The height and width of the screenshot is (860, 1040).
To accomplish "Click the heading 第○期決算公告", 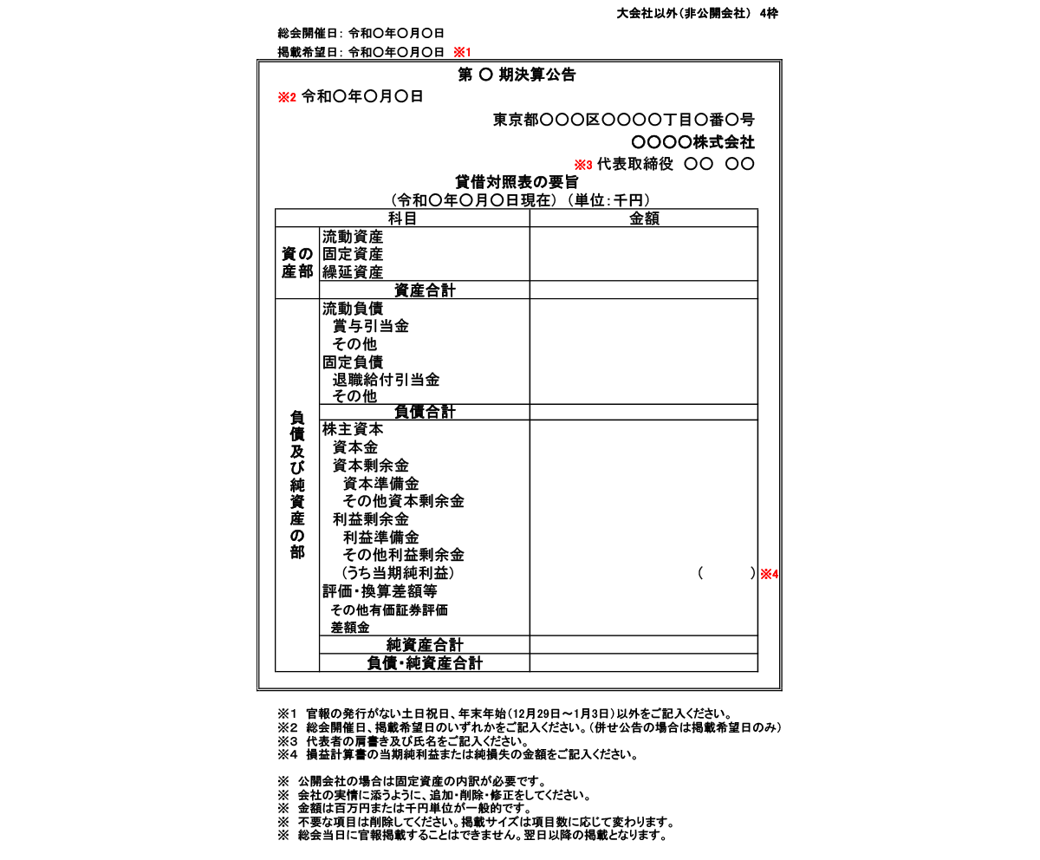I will [517, 75].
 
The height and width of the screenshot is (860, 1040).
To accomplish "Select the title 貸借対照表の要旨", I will [517, 182].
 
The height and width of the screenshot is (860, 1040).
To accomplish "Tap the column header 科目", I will [402, 218].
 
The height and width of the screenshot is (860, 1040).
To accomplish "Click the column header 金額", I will [644, 218].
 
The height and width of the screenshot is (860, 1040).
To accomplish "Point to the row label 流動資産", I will [353, 237].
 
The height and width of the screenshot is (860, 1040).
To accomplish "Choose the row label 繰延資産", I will [353, 272].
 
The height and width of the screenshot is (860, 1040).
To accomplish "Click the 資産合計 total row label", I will [425, 290].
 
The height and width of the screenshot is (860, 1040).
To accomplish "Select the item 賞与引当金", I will [371, 326].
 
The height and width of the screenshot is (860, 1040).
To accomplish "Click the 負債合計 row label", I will [425, 412].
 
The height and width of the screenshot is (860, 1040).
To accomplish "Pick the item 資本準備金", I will [381, 483].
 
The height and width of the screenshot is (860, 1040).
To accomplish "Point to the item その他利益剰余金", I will [404, 555].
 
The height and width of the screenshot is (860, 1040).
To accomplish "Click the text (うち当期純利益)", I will [397, 573].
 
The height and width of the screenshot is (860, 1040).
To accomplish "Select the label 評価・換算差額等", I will [380, 591].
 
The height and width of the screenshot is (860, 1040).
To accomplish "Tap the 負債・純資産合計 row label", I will [425, 663].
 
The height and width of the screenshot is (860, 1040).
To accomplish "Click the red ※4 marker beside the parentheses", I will [770, 574].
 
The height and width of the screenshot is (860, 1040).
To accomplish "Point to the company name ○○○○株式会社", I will [692, 142].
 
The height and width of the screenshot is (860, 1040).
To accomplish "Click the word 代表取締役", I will [635, 164].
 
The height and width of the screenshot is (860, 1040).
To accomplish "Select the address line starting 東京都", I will [623, 120].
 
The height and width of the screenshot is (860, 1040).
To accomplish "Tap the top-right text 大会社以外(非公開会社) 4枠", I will [697, 13].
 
